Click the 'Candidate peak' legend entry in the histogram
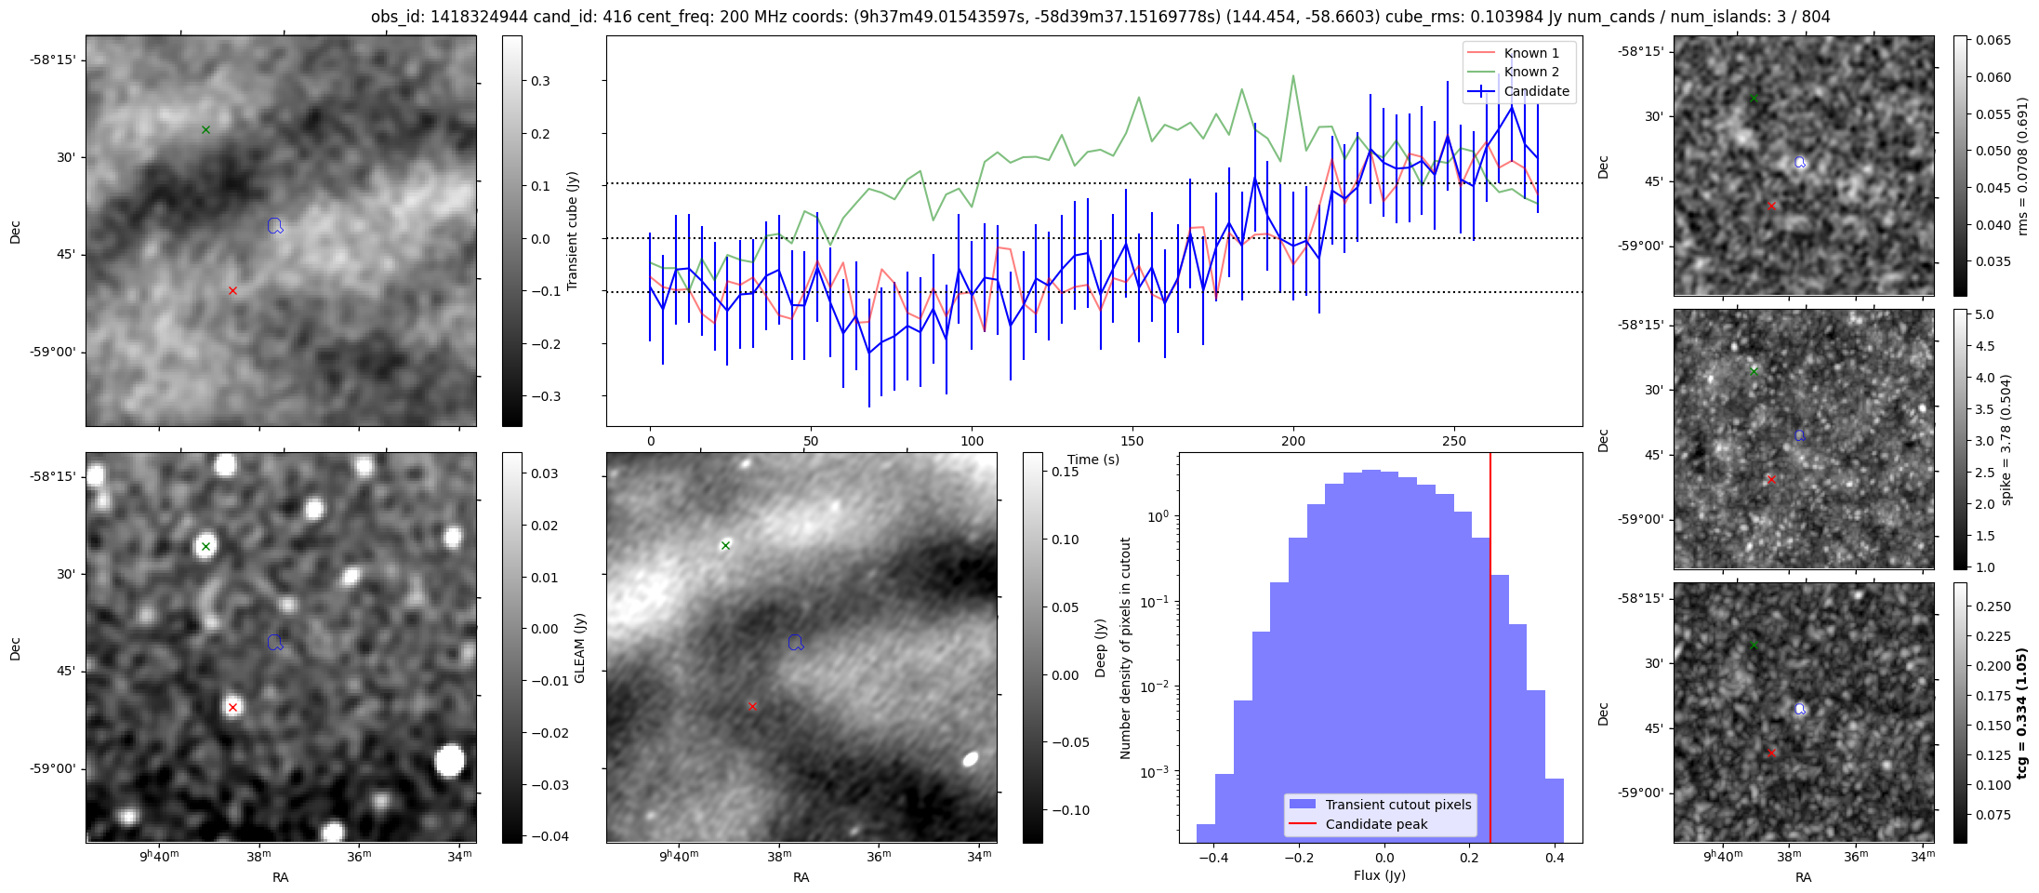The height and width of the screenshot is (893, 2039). (1376, 824)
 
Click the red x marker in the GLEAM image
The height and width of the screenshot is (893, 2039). (232, 708)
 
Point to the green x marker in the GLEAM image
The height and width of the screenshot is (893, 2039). (205, 546)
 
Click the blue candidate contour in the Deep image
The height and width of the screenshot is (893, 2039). (795, 643)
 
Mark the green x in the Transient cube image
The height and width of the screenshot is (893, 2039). (205, 129)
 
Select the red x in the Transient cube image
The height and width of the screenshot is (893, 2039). (232, 291)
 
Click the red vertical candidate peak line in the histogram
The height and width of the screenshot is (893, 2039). (1490, 651)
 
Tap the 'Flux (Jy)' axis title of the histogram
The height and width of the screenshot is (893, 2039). (1380, 875)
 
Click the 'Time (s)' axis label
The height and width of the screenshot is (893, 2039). (1093, 460)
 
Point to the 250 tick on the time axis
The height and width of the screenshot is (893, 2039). (1454, 441)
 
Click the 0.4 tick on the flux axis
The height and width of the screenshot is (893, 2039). (1555, 858)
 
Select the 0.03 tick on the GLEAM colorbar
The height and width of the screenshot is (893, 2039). (545, 473)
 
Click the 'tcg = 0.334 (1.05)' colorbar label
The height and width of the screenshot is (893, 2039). (2021, 713)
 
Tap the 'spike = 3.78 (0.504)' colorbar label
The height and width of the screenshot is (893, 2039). (2006, 440)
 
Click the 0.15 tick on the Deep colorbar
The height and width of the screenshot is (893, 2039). (1066, 472)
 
